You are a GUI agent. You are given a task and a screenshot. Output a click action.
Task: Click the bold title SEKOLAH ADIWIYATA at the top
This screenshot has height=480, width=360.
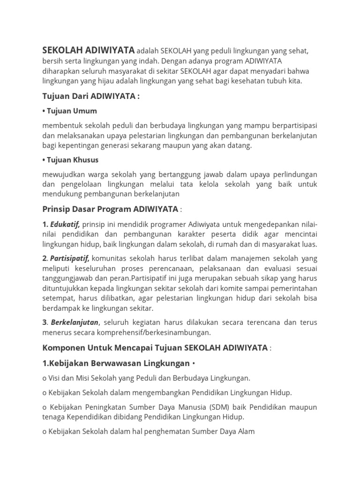pos(89,50)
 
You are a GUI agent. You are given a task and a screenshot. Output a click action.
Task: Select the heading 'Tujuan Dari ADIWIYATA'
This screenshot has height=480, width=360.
pos(91,97)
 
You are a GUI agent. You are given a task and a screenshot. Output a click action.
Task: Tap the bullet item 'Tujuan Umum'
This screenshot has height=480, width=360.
pos(70,111)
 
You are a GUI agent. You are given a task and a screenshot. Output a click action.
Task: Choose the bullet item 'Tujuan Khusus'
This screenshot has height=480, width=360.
pos(70,160)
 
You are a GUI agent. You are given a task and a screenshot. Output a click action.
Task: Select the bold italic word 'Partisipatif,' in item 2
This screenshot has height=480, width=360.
pos(69,258)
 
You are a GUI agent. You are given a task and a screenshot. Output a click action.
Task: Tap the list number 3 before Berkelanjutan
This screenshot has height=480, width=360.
pos(44,322)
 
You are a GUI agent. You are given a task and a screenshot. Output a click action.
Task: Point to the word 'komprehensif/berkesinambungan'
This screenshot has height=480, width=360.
pos(159,333)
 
